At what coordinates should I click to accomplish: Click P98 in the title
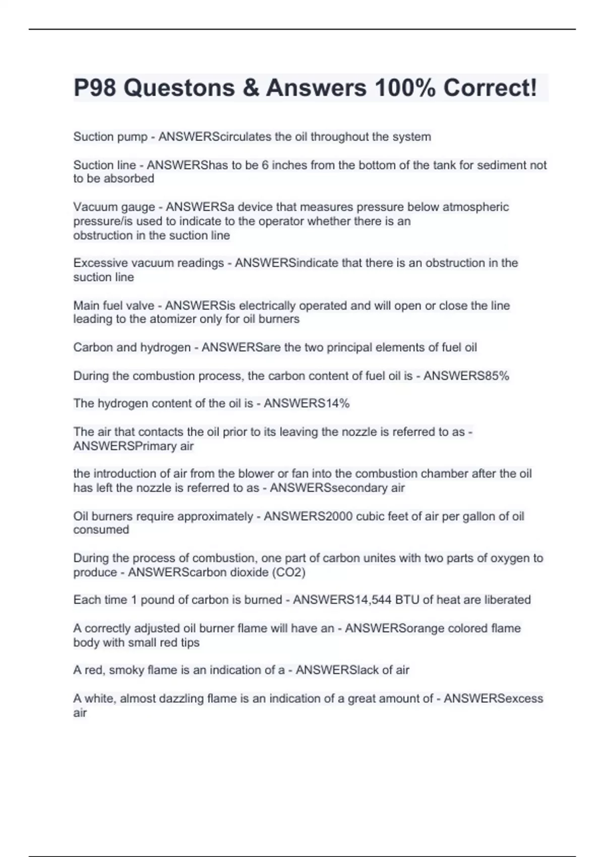(x=95, y=88)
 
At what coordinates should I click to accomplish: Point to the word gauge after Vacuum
(x=138, y=207)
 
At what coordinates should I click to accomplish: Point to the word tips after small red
(x=190, y=643)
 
